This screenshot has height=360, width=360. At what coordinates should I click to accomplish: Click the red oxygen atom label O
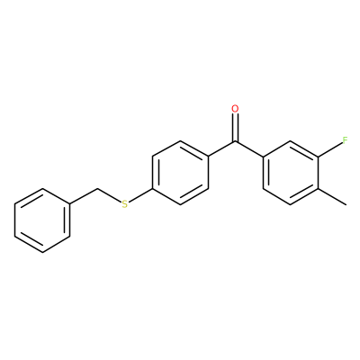[236, 109]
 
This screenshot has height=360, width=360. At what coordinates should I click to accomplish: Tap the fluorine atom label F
[346, 140]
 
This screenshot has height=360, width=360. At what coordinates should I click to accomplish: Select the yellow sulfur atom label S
[124, 204]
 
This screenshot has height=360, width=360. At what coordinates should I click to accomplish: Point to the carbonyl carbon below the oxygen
[236, 141]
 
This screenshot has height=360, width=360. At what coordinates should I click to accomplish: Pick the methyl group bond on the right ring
[332, 197]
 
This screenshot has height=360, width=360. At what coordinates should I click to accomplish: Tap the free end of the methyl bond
[346, 205]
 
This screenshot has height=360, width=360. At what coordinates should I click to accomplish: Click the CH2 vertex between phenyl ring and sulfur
[97, 189]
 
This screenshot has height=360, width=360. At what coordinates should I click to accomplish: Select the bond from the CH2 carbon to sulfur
[109, 195]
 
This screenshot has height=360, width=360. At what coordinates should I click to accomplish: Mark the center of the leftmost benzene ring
[42, 220]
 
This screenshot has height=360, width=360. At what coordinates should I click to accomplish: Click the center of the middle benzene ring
[180, 173]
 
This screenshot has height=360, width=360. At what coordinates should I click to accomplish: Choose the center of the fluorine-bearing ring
[291, 173]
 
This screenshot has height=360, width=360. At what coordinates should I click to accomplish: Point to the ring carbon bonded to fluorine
[318, 157]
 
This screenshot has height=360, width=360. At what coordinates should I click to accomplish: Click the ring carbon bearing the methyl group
[318, 189]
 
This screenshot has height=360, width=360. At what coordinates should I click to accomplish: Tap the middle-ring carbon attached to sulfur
[153, 189]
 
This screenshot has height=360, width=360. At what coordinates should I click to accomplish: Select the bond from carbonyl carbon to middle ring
[221, 148]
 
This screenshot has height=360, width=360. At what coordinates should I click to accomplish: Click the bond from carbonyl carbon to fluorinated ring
[249, 148]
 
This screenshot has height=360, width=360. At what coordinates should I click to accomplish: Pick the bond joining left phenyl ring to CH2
[84, 196]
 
